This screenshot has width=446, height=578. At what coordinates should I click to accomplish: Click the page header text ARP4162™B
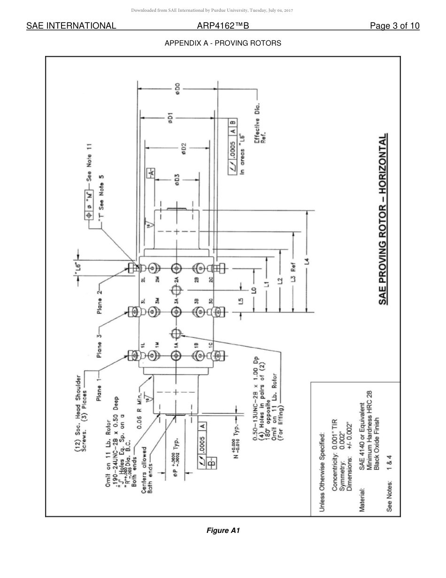click(223, 26)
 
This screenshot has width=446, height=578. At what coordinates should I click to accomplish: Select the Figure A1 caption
click(223, 531)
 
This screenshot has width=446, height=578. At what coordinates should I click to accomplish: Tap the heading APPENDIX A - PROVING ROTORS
click(223, 43)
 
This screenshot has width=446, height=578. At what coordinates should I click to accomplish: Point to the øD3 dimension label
click(177, 180)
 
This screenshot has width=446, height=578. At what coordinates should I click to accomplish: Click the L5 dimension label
click(241, 301)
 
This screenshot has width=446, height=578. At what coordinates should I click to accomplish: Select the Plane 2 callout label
click(100, 300)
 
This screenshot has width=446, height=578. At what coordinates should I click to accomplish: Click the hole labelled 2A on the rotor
click(177, 268)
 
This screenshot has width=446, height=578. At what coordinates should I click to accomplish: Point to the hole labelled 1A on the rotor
click(177, 356)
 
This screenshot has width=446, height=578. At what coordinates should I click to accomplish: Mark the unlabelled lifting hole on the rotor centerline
click(177, 334)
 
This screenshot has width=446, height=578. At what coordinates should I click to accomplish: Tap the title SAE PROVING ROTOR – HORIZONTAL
click(384, 220)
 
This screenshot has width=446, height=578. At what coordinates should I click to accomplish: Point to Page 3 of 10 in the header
click(394, 26)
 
